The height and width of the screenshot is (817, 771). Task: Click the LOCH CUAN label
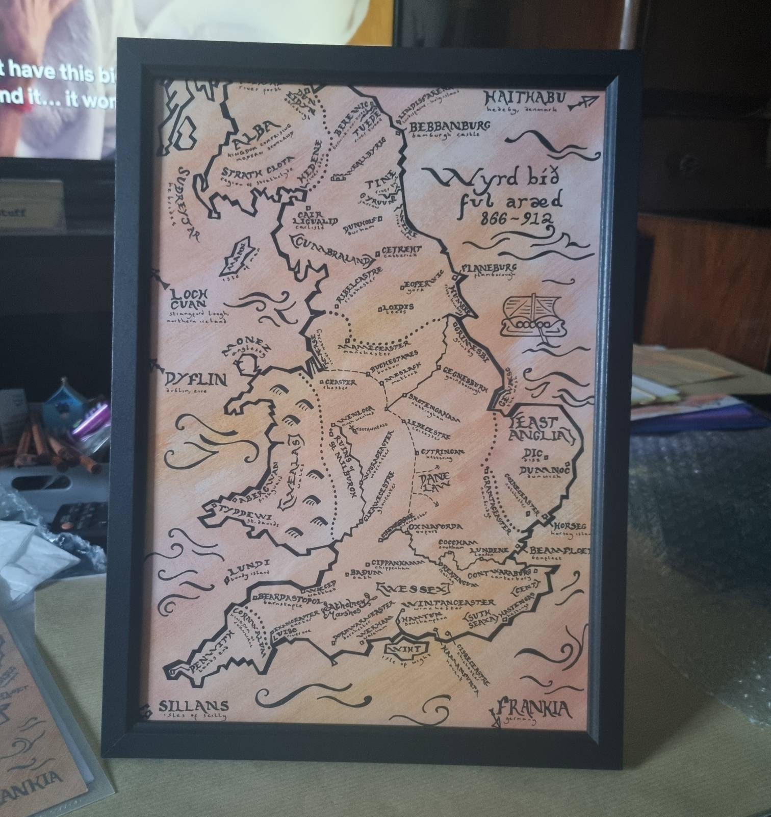(x=188, y=299)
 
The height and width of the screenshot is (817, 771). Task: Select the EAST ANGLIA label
(x=537, y=429)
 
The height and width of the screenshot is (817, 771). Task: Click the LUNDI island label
(x=248, y=565)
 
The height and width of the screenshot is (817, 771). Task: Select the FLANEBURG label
(x=489, y=268)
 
